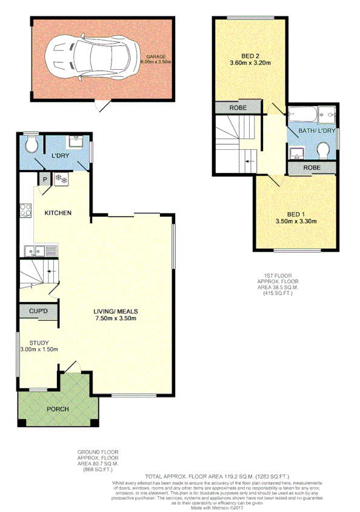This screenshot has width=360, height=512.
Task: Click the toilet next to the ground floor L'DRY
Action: click(32, 144)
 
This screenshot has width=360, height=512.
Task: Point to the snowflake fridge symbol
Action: click(61, 179)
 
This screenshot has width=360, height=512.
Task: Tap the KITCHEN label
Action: click(58, 213)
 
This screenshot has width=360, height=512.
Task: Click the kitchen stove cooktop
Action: click(26, 211)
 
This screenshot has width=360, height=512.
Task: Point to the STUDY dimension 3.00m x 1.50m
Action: click(39, 349)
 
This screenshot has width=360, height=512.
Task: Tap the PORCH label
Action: click(58, 408)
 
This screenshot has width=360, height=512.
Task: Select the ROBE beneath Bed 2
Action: click(237, 107)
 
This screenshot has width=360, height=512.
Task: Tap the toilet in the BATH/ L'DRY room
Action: click(324, 149)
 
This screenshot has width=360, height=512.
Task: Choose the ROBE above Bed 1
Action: click(312, 167)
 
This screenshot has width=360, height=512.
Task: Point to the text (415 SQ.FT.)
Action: click(278, 294)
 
